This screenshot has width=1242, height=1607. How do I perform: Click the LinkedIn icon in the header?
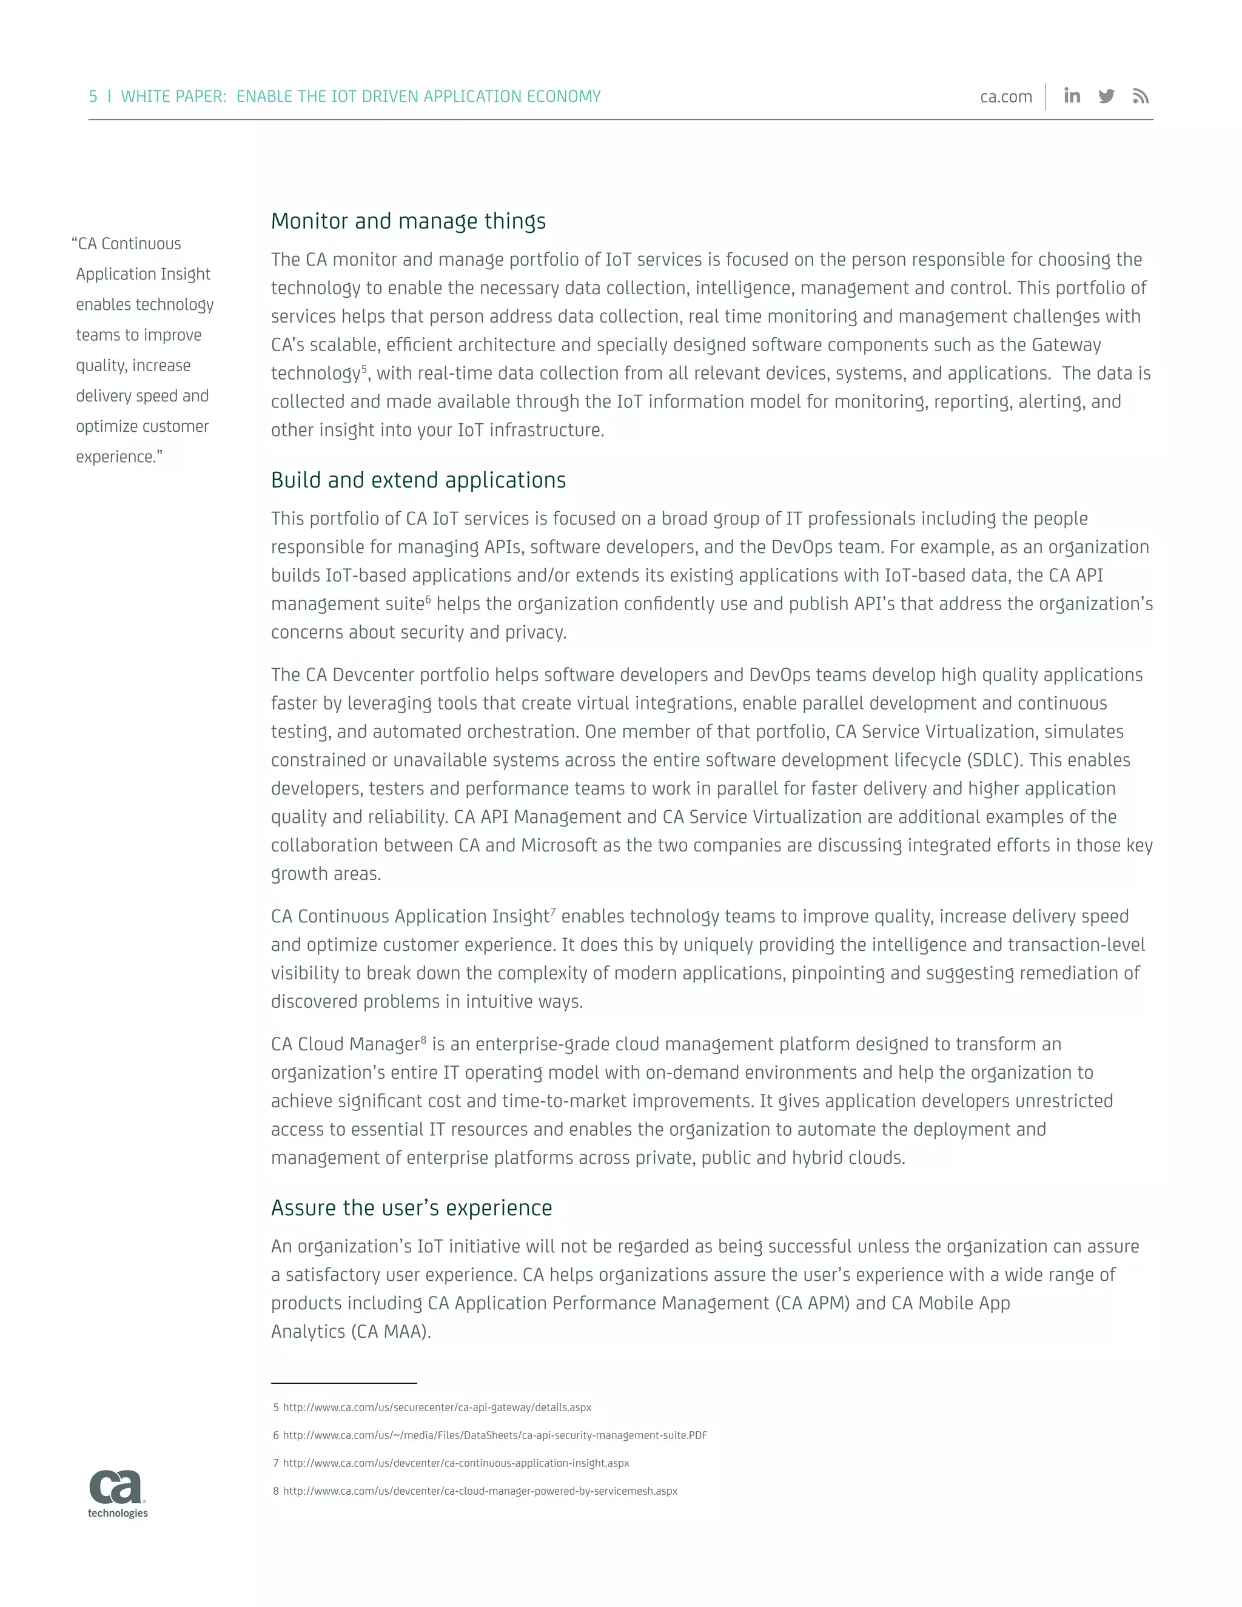pyautogui.click(x=1072, y=96)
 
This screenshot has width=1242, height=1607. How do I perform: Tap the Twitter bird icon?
pyautogui.click(x=1106, y=96)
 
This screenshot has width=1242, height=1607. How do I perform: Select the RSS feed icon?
pyautogui.click(x=1141, y=96)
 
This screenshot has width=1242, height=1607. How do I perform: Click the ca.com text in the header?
pyautogui.click(x=1006, y=97)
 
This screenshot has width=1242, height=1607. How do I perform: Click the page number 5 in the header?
pyautogui.click(x=93, y=96)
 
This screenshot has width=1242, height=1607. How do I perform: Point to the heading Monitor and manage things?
pyautogui.click(x=408, y=221)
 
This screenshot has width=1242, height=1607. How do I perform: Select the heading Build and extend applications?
pyautogui.click(x=418, y=480)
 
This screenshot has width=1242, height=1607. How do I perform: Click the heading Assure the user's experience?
pyautogui.click(x=411, y=1207)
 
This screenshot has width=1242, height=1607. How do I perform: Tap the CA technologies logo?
pyautogui.click(x=118, y=1494)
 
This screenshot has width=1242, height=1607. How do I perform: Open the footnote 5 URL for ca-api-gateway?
pyautogui.click(x=437, y=1407)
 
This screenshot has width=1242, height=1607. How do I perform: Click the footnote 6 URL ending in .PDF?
pyautogui.click(x=494, y=1435)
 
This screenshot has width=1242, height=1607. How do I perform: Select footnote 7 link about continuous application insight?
pyautogui.click(x=455, y=1463)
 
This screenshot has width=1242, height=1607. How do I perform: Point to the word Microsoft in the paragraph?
pyautogui.click(x=559, y=845)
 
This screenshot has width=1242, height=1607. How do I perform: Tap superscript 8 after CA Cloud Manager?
pyautogui.click(x=424, y=1039)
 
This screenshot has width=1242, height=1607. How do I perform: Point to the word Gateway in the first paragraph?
pyautogui.click(x=1066, y=344)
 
